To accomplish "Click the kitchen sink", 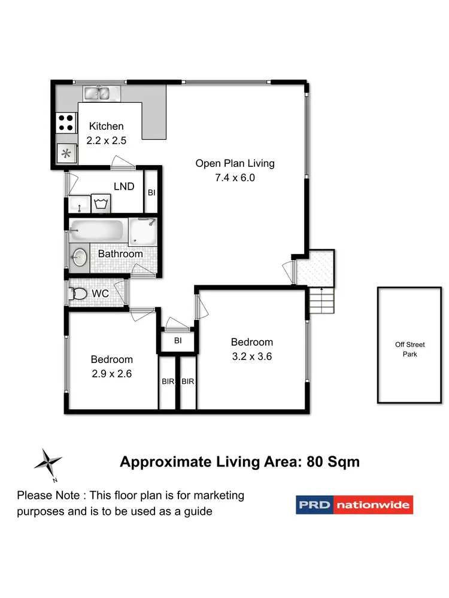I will click(101, 93).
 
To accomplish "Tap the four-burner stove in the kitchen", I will click(65, 123).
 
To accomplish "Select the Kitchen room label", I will click(107, 126).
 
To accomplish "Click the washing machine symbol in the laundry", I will click(101, 203).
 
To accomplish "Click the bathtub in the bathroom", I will click(98, 231).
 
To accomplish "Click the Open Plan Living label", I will click(235, 163).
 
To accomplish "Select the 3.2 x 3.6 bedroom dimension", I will click(252, 356).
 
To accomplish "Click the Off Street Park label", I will click(410, 349).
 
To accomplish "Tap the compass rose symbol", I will click(48, 462).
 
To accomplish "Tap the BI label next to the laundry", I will click(151, 192).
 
